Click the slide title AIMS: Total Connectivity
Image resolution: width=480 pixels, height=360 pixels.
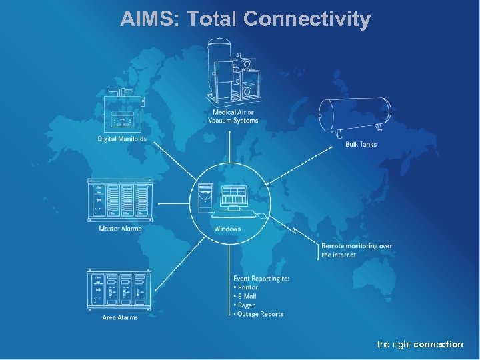[245, 19]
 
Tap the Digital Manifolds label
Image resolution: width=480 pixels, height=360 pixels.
[122, 139]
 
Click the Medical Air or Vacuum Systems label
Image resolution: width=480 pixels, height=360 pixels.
[233, 117]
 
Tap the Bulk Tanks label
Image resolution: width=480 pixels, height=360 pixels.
[361, 144]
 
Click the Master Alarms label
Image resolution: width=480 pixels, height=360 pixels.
[120, 229]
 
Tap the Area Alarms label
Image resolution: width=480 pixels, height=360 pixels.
[120, 317]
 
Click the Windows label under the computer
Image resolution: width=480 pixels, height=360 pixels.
[227, 229]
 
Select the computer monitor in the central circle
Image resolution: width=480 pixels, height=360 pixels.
[234, 197]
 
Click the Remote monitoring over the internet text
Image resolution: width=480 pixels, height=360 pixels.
[356, 250]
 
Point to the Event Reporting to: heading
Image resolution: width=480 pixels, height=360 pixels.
[261, 278]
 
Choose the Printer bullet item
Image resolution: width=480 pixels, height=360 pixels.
[247, 287]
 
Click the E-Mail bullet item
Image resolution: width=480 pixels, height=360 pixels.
[247, 296]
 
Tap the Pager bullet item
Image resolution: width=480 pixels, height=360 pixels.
[246, 305]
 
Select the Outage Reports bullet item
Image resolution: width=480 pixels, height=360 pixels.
[260, 314]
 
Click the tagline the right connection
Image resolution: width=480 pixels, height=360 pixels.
[419, 344]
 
